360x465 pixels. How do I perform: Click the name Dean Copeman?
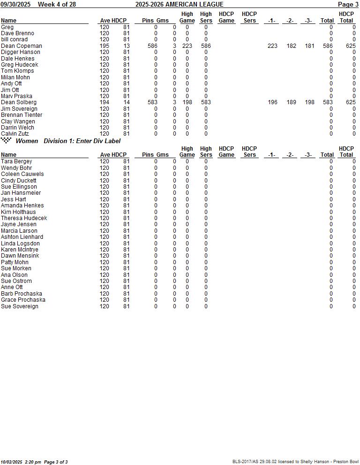pyautogui.click(x=22, y=46)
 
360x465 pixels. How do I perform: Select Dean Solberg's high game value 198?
pyautogui.click(x=187, y=102)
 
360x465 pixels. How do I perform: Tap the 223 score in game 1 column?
pyautogui.click(x=272, y=46)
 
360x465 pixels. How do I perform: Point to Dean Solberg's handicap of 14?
pyautogui.click(x=127, y=102)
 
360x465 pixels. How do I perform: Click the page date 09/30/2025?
pyautogui.click(x=15, y=5)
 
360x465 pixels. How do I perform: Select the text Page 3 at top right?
pyautogui.click(x=348, y=5)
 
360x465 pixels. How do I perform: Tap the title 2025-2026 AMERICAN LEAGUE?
pyautogui.click(x=180, y=5)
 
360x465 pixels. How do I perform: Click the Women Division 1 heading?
pyautogui.click(x=68, y=141)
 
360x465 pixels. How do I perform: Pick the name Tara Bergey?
pyautogui.click(x=16, y=161)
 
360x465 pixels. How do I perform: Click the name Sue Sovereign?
pyautogui.click(x=20, y=306)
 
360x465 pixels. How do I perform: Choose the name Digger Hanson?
pyautogui.click(x=21, y=52)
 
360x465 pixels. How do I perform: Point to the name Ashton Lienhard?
pyautogui.click(x=22, y=237)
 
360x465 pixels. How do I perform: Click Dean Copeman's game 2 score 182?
pyautogui.click(x=291, y=46)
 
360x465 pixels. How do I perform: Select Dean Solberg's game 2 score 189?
pyautogui.click(x=291, y=102)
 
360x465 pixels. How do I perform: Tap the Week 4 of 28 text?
pyautogui.click(x=57, y=5)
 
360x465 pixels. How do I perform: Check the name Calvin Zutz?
pyautogui.click(x=15, y=134)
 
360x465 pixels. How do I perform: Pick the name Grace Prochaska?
pyautogui.click(x=23, y=300)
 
